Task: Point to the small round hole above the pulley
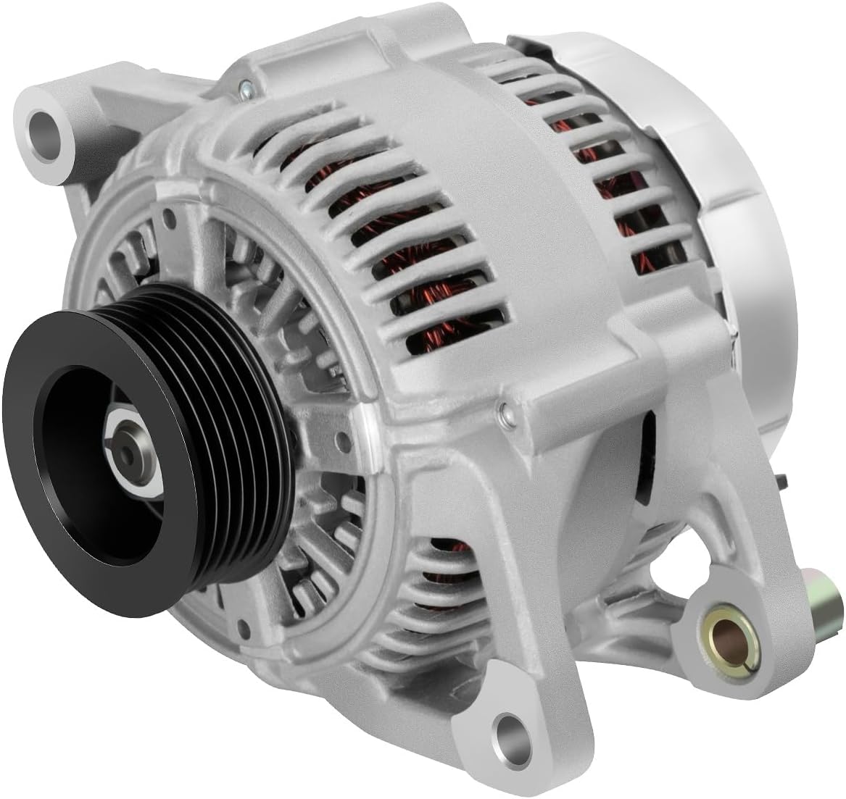coord(168,215)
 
